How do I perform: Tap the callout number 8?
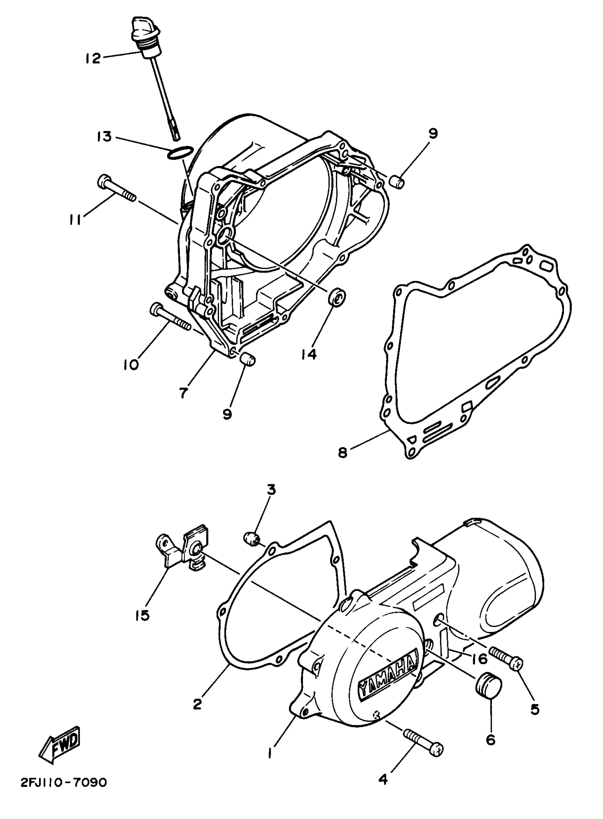point(342,453)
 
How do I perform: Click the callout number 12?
point(93,58)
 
